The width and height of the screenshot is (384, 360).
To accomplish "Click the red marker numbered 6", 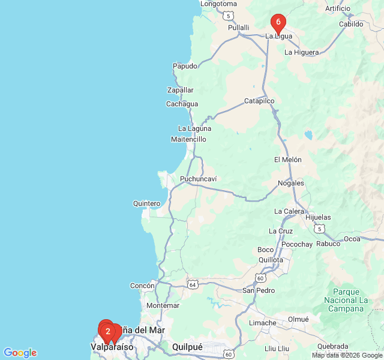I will point(278,23).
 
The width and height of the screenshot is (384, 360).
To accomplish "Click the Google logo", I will point(20,353).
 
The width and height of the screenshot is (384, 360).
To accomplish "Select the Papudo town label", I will point(185,66).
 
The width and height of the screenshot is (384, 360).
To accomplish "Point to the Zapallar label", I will point(181,90).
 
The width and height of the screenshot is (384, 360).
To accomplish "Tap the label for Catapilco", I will point(259,101).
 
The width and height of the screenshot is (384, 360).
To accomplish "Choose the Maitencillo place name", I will point(188,139).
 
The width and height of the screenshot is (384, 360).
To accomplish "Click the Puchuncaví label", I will point(199,179).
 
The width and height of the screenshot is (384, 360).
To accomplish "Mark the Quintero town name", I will point(147,203).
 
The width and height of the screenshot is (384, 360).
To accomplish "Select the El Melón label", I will point(287,160).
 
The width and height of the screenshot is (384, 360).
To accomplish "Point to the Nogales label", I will point(291,183).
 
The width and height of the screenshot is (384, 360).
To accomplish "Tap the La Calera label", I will point(289,211).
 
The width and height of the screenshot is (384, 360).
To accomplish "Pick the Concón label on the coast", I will point(143,286).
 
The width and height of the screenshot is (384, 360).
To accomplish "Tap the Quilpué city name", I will point(187,347).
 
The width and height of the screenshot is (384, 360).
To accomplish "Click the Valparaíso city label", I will point(112,347).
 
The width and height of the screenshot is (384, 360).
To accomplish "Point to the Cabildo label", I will point(351,24).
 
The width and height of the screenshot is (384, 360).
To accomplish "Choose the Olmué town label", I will point(298,319).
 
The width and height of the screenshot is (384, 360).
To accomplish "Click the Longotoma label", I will point(219,4).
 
